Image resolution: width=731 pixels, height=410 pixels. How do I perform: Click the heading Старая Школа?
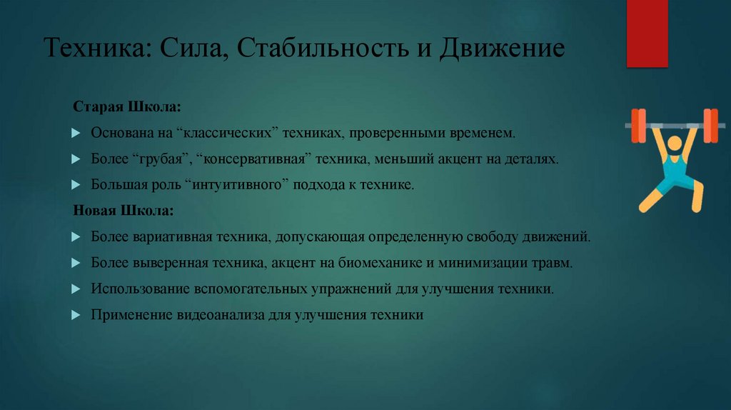coord(126,107)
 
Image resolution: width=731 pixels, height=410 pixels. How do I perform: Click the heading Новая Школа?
coord(122,211)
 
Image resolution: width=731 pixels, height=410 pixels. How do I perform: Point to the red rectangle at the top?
coord(647,33)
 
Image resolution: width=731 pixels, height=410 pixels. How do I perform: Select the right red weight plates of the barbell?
coord(710,121)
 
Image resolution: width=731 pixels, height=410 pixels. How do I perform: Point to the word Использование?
coord(136,289)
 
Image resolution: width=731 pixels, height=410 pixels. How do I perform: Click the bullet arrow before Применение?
coord(77,316)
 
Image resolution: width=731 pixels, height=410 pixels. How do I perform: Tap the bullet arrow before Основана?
coord(77,134)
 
